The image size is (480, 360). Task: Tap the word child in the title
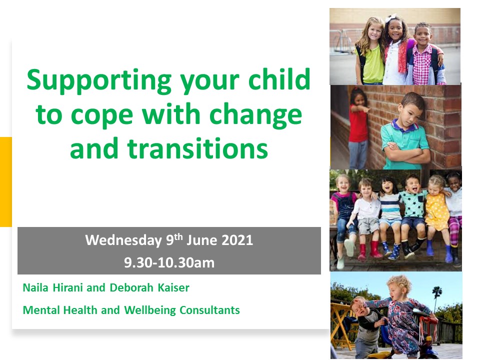click(279, 79)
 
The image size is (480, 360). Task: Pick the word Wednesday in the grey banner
click(123, 240)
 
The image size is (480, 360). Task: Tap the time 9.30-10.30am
click(169, 262)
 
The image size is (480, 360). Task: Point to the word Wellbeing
click(150, 310)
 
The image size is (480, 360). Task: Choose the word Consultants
click(209, 310)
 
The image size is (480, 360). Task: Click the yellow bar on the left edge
click(6, 182)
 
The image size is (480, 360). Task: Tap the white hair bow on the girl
click(390, 18)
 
